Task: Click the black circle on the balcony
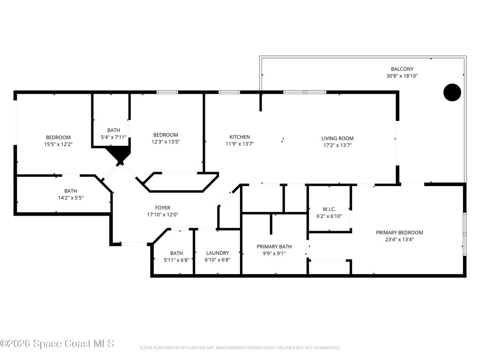pos(452,92)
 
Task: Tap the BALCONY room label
pos(402,69)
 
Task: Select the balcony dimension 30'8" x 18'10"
pos(402,76)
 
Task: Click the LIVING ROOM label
pos(337,138)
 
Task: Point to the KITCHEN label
pos(240,137)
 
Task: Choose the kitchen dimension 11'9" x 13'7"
pos(240,144)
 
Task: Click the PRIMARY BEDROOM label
pos(399,232)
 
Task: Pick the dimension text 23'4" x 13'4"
pos(399,240)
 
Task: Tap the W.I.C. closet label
pos(329,209)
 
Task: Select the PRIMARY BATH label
pos(274,247)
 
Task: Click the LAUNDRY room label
pos(217,253)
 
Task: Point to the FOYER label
pos(163,208)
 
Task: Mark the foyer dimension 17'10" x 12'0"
pos(163,215)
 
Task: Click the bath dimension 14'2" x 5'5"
pos(71,198)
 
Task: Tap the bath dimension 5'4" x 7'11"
pos(113,137)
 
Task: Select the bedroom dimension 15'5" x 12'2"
pos(58,144)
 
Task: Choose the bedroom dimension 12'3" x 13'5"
pos(165,142)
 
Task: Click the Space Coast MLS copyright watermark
pos(57,344)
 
